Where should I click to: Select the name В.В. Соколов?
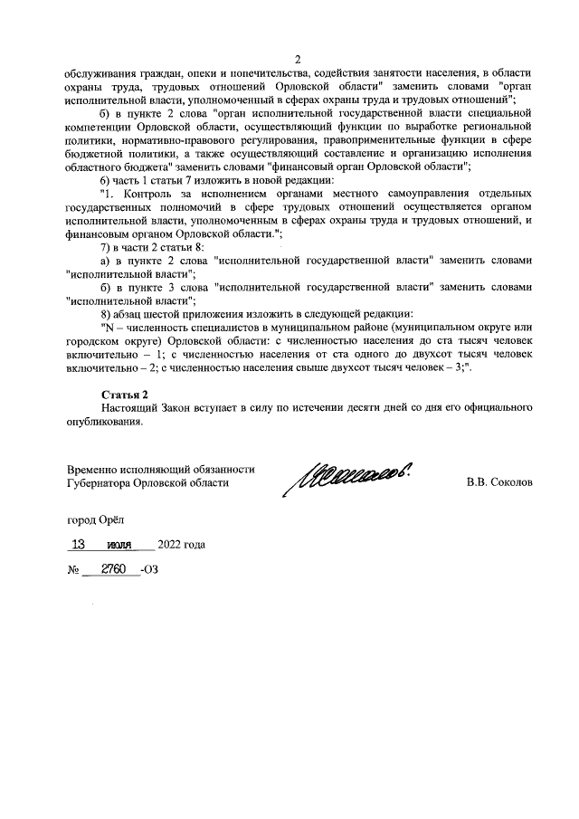499,482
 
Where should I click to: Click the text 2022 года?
181,545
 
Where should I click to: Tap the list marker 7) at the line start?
107,246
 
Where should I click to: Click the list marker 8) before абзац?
107,314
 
